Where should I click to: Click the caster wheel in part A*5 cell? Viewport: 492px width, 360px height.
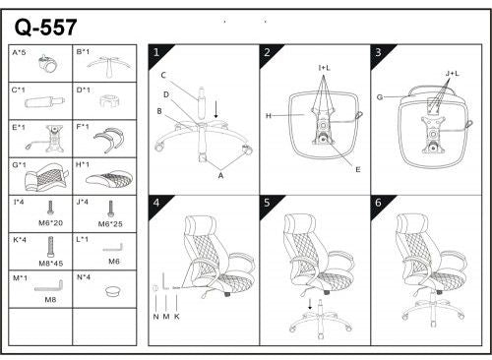coord(45,66)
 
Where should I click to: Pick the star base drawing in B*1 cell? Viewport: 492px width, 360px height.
coord(106,64)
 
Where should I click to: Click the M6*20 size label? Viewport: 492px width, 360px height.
coord(50,224)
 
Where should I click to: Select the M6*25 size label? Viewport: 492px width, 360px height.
coord(111,224)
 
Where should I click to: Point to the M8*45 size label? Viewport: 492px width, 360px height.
coord(50,264)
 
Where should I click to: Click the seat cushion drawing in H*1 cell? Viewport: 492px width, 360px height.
coord(107,178)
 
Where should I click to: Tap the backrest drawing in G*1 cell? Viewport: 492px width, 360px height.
coord(41,178)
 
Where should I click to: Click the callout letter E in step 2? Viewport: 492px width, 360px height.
coord(357,170)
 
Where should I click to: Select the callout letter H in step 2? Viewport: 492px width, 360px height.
coord(268,117)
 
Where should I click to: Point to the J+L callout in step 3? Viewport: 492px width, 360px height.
coord(452,73)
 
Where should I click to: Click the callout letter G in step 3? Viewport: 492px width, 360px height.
coord(380,96)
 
